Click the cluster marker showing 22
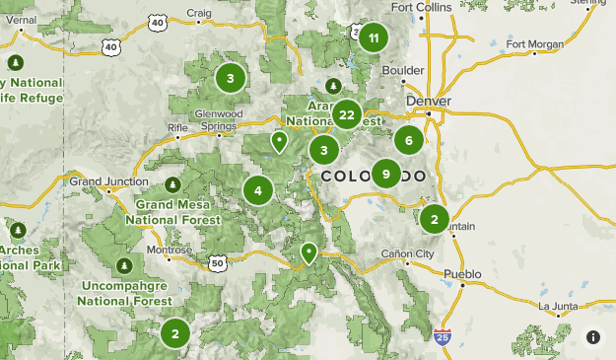click(x=346, y=114)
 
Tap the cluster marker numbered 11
click(x=372, y=39)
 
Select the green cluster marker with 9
click(x=385, y=175)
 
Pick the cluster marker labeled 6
click(x=408, y=140)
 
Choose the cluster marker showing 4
click(x=258, y=190)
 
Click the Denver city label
click(x=428, y=101)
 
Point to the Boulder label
click(x=403, y=71)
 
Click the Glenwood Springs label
click(x=219, y=119)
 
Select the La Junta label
click(x=558, y=305)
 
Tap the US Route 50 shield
click(x=218, y=262)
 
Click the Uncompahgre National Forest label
click(x=124, y=292)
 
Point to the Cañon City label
click(x=407, y=254)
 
